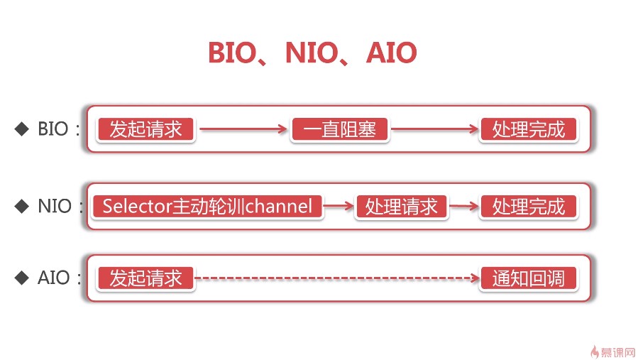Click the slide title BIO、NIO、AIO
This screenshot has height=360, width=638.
(x=312, y=53)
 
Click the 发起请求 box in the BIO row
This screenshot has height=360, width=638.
(x=145, y=129)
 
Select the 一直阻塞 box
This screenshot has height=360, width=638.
(x=340, y=129)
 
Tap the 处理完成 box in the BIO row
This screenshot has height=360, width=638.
(x=529, y=129)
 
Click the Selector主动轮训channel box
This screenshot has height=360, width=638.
(x=207, y=207)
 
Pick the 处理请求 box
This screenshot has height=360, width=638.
(x=401, y=207)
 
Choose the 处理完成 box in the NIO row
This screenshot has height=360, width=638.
(x=529, y=207)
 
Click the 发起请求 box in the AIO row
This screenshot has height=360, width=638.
(x=145, y=278)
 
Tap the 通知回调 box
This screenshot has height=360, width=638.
(x=529, y=278)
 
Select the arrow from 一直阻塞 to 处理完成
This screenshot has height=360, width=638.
(x=434, y=129)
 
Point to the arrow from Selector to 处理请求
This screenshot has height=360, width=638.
(x=339, y=207)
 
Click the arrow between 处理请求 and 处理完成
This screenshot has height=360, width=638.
(x=465, y=207)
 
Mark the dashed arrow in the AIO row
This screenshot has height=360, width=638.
(x=337, y=278)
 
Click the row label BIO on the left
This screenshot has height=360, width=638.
(x=55, y=129)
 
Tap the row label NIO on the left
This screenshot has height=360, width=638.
(x=55, y=207)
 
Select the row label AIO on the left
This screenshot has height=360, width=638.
(x=54, y=278)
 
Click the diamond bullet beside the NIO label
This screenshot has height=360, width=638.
(x=22, y=206)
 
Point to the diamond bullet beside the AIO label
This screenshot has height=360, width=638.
(x=22, y=277)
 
